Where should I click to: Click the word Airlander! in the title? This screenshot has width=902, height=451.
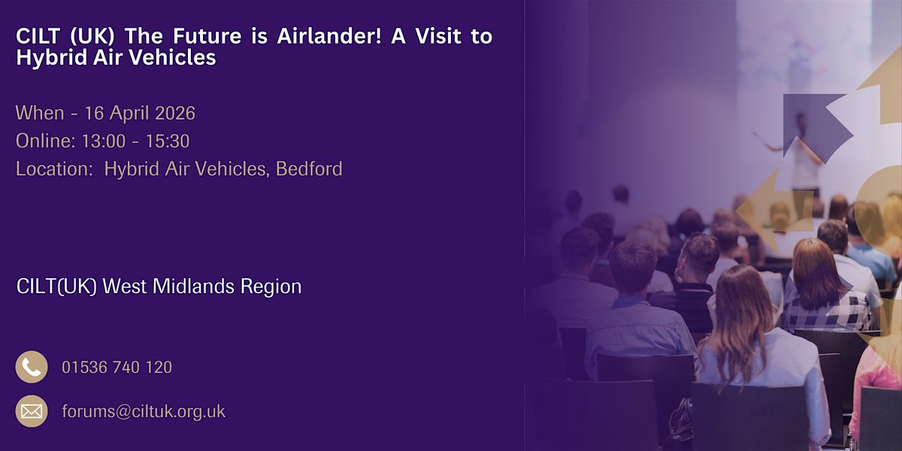(329, 36)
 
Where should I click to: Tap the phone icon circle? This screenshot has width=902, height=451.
(32, 367)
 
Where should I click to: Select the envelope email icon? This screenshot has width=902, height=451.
(32, 411)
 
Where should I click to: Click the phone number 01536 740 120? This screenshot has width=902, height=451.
(117, 368)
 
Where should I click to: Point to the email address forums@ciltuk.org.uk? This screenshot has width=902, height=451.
(144, 412)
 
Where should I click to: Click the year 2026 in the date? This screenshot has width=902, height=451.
(175, 114)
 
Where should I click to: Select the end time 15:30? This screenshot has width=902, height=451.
(168, 141)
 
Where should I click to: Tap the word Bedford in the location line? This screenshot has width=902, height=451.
(309, 168)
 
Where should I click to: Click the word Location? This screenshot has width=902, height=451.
(55, 168)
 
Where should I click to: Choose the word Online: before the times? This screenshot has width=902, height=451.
(46, 141)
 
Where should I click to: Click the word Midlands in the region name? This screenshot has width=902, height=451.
(193, 286)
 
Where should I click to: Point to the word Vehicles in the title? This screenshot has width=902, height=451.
(172, 57)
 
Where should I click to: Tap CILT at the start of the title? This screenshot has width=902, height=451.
(38, 36)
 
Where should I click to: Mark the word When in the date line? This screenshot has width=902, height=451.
(40, 114)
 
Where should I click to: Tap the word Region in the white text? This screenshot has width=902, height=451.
(271, 287)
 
